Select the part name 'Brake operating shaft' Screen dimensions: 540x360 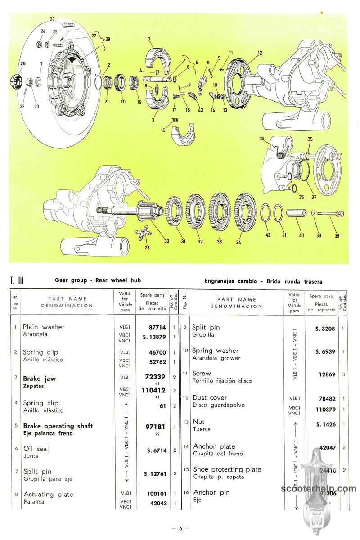(58, 426)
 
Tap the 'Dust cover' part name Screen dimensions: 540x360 (210, 398)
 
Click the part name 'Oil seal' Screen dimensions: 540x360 (36, 449)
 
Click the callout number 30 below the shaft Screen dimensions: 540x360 (166, 241)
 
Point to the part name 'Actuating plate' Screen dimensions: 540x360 (48, 495)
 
